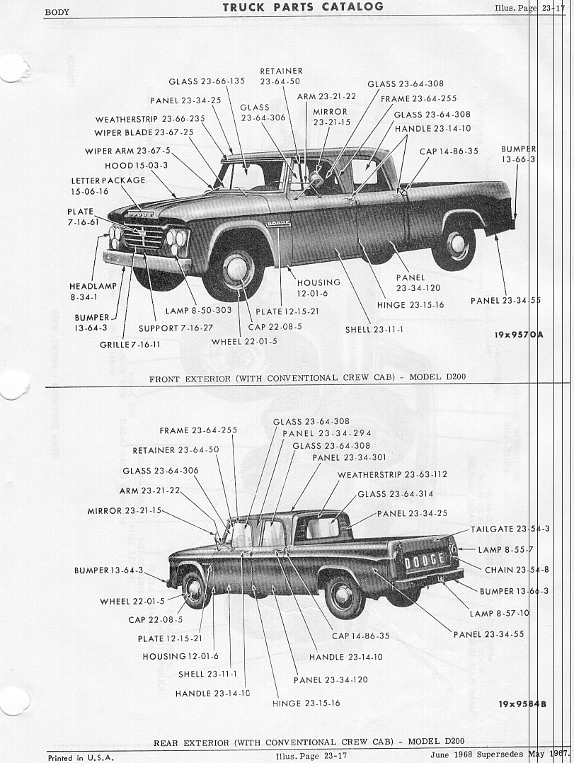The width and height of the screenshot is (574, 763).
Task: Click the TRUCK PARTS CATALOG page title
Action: coord(303,7)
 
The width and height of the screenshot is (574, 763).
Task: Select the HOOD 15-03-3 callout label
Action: coord(136,166)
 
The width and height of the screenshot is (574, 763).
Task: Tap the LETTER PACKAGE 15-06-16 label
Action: coord(108,185)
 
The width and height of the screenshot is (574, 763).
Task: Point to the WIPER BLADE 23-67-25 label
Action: coord(144,132)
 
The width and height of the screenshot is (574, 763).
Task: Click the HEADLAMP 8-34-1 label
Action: coord(93,291)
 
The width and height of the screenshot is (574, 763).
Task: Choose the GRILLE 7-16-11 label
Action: coord(130,345)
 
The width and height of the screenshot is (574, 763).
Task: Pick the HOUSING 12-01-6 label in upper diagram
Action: coord(318,287)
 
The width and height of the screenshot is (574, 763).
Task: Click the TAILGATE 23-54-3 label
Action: coord(510,529)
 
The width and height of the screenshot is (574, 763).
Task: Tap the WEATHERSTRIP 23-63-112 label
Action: coord(392,474)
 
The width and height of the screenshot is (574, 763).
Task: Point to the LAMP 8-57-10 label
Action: coord(499,613)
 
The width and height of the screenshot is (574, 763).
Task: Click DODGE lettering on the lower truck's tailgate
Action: coord(424,561)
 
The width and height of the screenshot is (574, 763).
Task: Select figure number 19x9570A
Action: coord(519,335)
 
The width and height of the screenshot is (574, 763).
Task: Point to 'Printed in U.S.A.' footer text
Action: coord(80,757)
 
